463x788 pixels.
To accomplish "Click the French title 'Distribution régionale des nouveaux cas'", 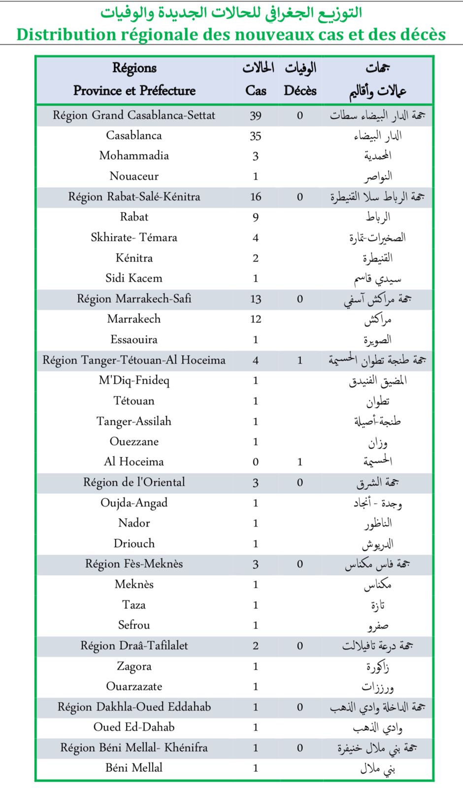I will click(x=231, y=34).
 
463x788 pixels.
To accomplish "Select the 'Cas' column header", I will click(x=256, y=91).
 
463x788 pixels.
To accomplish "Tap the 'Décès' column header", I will click(x=300, y=91).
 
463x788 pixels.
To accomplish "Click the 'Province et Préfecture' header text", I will click(x=134, y=91).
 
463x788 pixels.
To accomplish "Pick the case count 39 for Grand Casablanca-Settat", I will click(x=256, y=116).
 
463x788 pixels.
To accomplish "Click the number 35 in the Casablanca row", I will click(x=256, y=136).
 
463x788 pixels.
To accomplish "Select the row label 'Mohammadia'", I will click(x=134, y=156).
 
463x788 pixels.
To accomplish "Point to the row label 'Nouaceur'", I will click(x=134, y=176).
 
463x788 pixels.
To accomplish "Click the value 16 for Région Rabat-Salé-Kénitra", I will click(x=256, y=197).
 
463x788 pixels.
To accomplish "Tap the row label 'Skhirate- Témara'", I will click(x=134, y=237).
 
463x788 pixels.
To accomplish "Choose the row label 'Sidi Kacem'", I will click(x=134, y=278).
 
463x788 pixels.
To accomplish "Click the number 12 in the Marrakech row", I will click(x=256, y=319).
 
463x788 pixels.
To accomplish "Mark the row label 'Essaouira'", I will click(x=134, y=340).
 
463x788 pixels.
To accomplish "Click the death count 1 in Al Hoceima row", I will click(x=300, y=462).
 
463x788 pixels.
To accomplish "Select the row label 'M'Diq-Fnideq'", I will click(x=134, y=380).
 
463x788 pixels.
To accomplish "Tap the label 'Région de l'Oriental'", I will click(x=134, y=482).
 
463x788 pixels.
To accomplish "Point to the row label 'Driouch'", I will click(x=134, y=544).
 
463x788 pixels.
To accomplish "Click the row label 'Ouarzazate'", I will click(x=134, y=687).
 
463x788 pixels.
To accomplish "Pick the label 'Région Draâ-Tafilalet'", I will click(x=134, y=646).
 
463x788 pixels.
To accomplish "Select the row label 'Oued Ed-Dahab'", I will click(x=134, y=727).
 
